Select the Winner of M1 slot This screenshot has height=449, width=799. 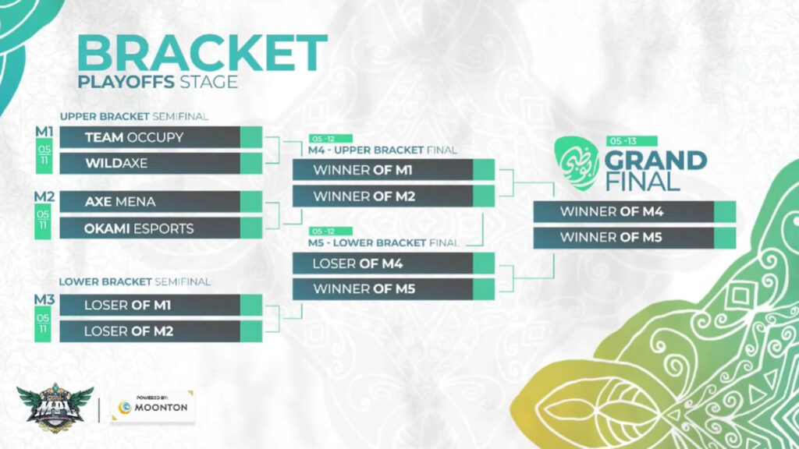point(382,171)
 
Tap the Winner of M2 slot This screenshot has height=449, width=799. point(382,196)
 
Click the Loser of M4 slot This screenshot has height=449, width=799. point(382,263)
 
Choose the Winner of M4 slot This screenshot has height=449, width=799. point(623,211)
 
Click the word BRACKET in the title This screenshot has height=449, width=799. point(201,53)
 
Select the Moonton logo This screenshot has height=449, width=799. point(151,406)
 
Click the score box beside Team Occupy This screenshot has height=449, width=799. point(251,138)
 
